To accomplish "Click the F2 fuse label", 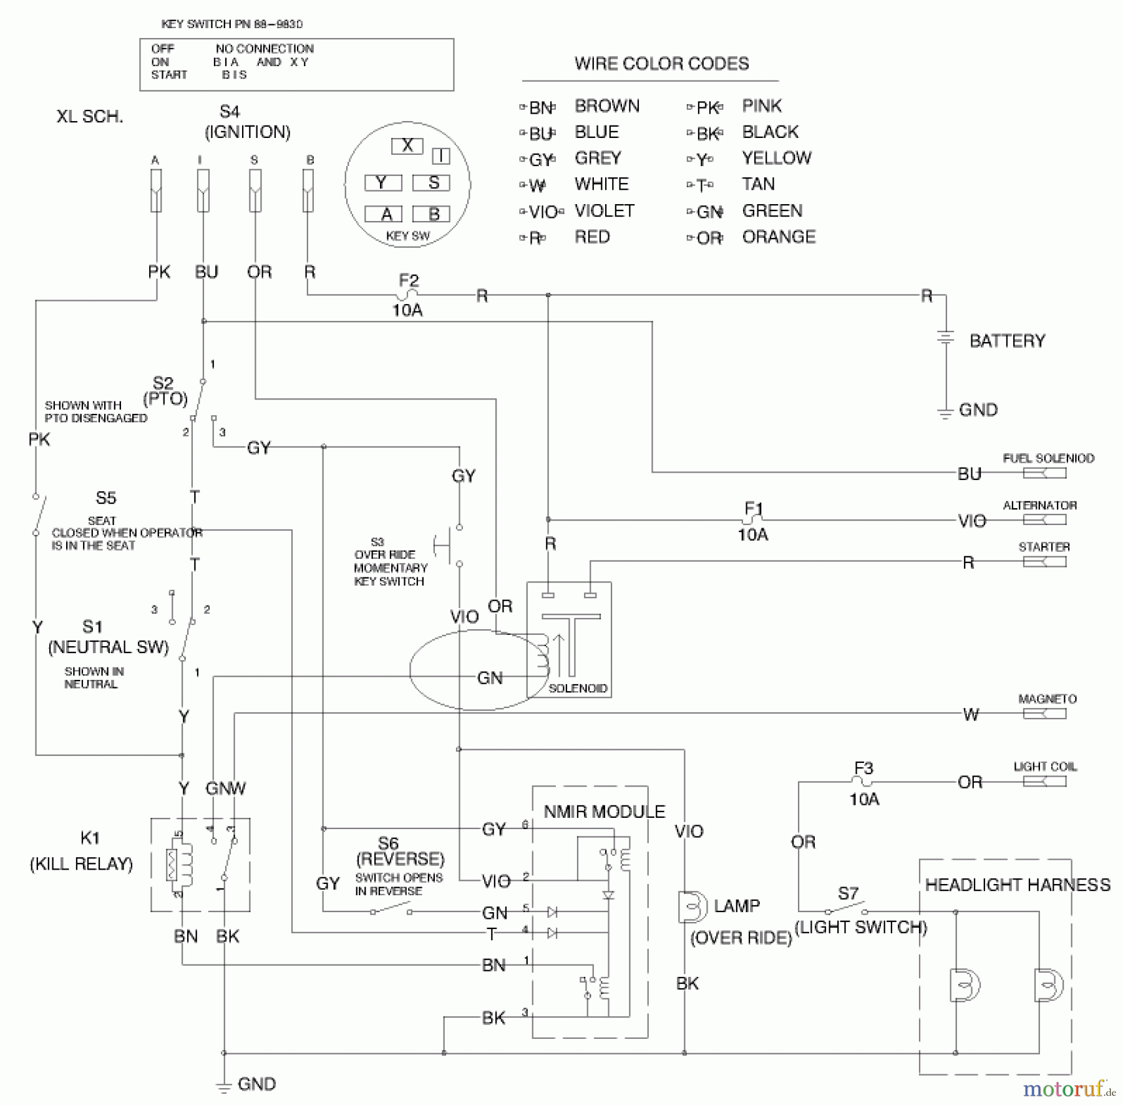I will coord(409,280).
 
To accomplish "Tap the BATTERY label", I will coord(1007,341).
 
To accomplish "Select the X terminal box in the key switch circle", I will coord(407,145).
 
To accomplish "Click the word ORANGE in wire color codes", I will coord(779,237).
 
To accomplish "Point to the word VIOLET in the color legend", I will coord(604,211).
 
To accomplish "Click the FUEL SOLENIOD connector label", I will coord(1048,458).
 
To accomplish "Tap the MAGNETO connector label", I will coord(1047,699).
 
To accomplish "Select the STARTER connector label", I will coord(1044,547).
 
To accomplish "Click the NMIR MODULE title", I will coord(604,812).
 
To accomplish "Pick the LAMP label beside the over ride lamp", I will coord(737,906).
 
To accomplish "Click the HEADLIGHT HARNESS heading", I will coord(1018,885).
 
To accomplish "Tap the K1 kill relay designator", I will coord(90,838).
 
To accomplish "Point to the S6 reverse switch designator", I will coord(388,843).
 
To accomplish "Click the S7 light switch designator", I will coord(848,893).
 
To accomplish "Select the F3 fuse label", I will coord(863,768).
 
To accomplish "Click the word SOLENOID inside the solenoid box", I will coord(578,688).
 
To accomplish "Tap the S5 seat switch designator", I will coord(105,498).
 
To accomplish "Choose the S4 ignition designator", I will coord(230,112).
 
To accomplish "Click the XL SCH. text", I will coord(90,117).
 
